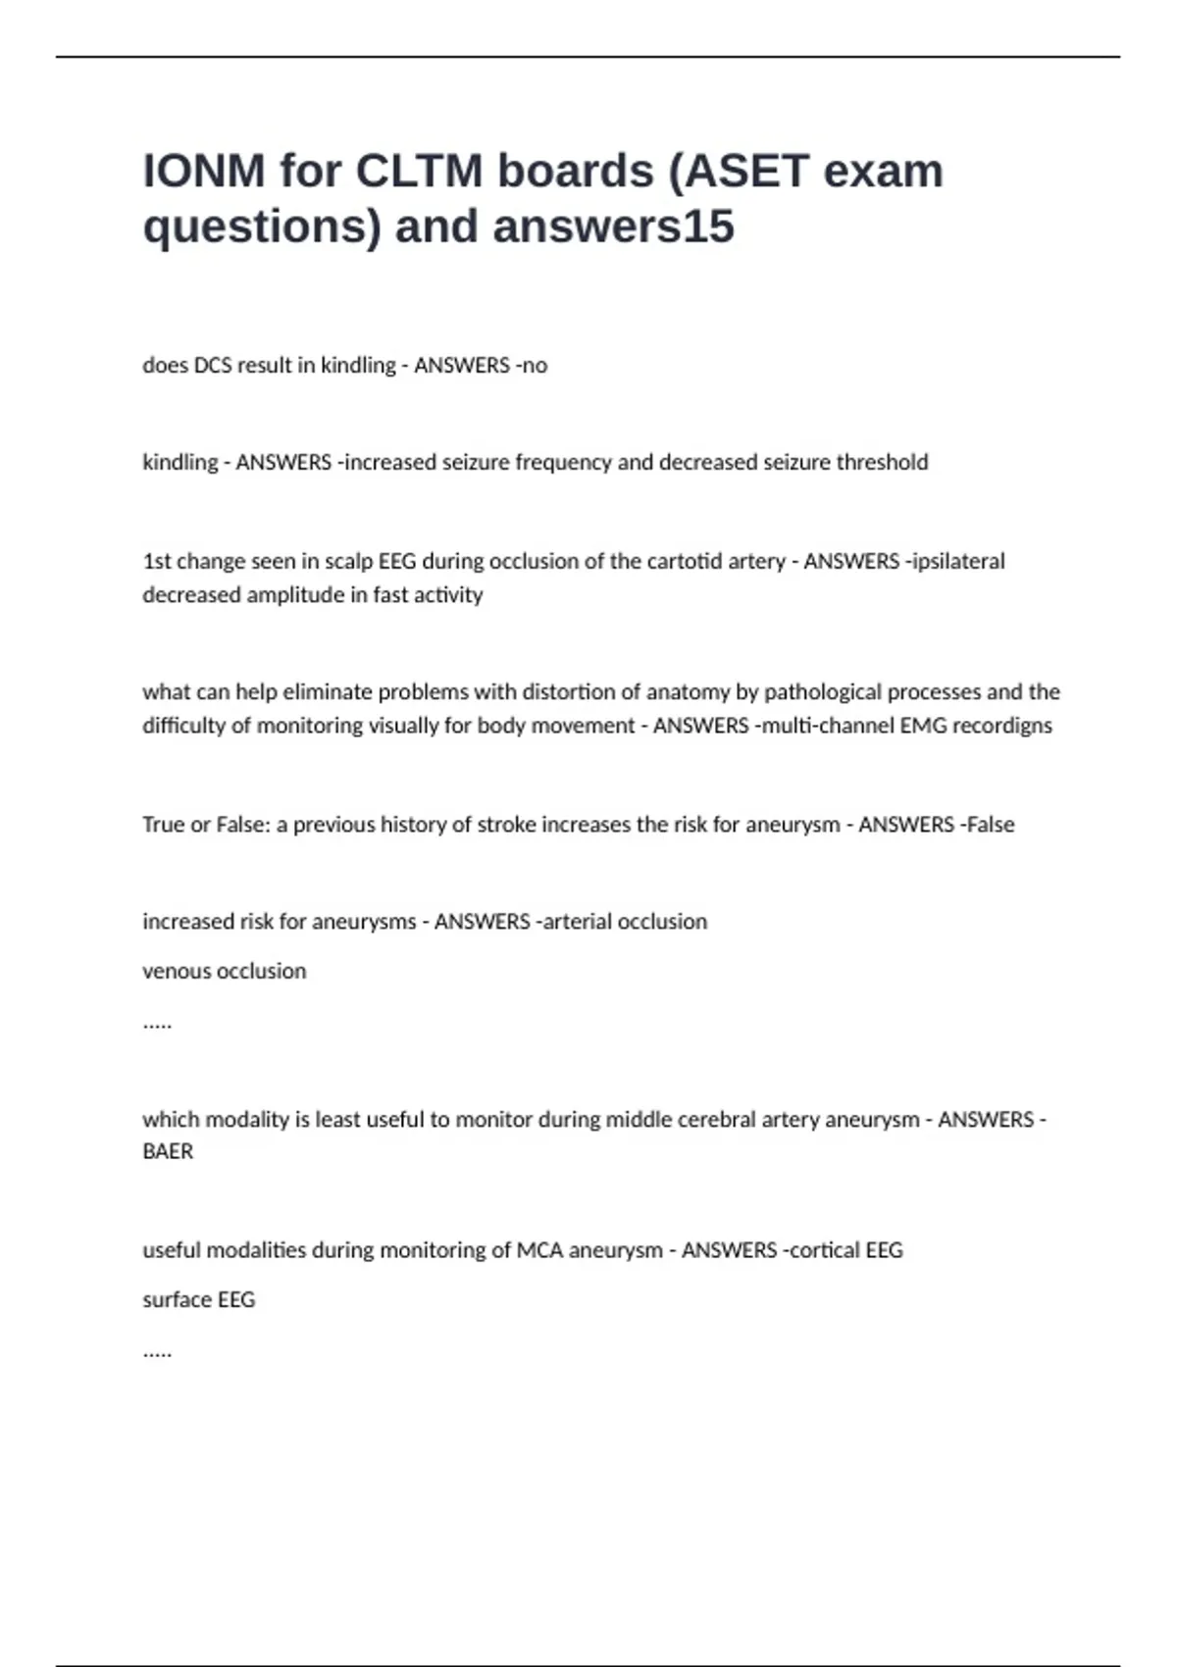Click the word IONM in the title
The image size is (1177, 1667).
204,172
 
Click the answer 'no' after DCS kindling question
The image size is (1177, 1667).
535,366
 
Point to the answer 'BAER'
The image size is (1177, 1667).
168,1151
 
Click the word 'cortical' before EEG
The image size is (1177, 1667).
825,1250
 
